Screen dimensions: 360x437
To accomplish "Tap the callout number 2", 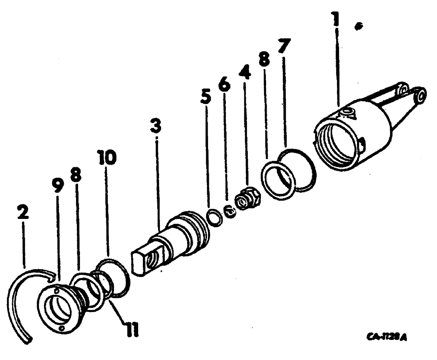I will [x=22, y=213].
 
